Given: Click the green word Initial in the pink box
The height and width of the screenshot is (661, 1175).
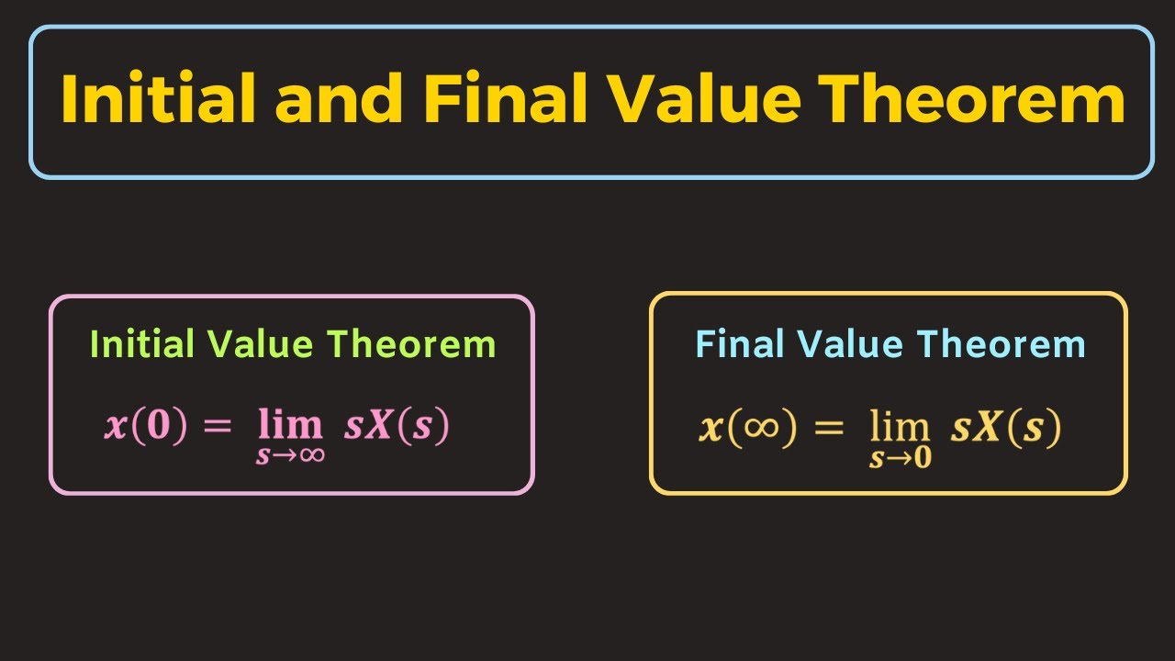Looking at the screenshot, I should coord(142,344).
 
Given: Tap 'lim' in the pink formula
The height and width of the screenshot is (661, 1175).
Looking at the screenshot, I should coord(290,425).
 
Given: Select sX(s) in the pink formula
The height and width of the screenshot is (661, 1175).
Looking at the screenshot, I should coord(397,428).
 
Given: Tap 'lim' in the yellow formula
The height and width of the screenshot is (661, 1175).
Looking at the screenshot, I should coord(901,427).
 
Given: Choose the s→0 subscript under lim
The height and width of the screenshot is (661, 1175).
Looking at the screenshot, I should coord(901,458).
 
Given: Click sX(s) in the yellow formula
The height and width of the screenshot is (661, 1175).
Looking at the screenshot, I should coord(1006,429).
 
